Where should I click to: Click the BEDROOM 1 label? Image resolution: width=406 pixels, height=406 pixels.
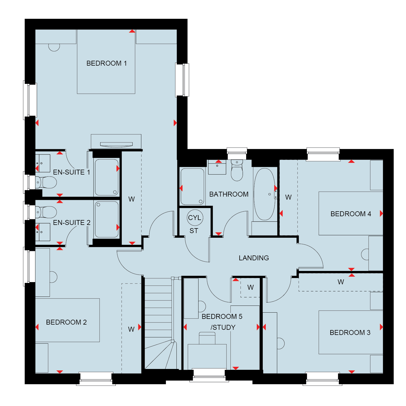(x=106, y=63)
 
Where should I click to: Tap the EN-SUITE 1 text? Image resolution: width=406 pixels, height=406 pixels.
(x=71, y=172)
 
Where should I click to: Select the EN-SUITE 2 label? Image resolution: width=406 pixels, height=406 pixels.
(x=72, y=223)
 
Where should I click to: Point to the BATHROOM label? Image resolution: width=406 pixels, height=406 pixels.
(x=229, y=194)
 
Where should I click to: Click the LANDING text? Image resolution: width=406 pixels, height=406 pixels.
(x=254, y=258)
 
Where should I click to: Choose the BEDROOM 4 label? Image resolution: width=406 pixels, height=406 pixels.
(x=351, y=214)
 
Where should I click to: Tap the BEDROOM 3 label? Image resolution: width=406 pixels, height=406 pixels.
(x=350, y=332)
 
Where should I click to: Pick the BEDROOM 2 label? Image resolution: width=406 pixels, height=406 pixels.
(x=66, y=322)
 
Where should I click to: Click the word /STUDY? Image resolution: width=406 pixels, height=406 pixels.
(x=223, y=327)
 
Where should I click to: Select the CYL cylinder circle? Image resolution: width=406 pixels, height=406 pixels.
(x=195, y=218)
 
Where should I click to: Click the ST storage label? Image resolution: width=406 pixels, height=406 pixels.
(x=194, y=231)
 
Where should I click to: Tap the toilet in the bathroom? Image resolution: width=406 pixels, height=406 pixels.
(x=237, y=170)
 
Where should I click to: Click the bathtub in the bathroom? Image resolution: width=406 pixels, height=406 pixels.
(x=264, y=194)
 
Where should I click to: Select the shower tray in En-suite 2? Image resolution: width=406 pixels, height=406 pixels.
(x=107, y=219)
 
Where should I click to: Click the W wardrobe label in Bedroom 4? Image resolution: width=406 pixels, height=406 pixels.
(x=288, y=197)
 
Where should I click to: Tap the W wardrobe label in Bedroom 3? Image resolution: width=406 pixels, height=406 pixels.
(x=341, y=282)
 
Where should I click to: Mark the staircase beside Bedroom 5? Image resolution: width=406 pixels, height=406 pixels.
(x=158, y=323)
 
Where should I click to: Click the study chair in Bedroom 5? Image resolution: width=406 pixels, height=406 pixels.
(x=207, y=338)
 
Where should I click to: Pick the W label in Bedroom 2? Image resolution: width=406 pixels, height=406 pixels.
(x=131, y=329)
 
